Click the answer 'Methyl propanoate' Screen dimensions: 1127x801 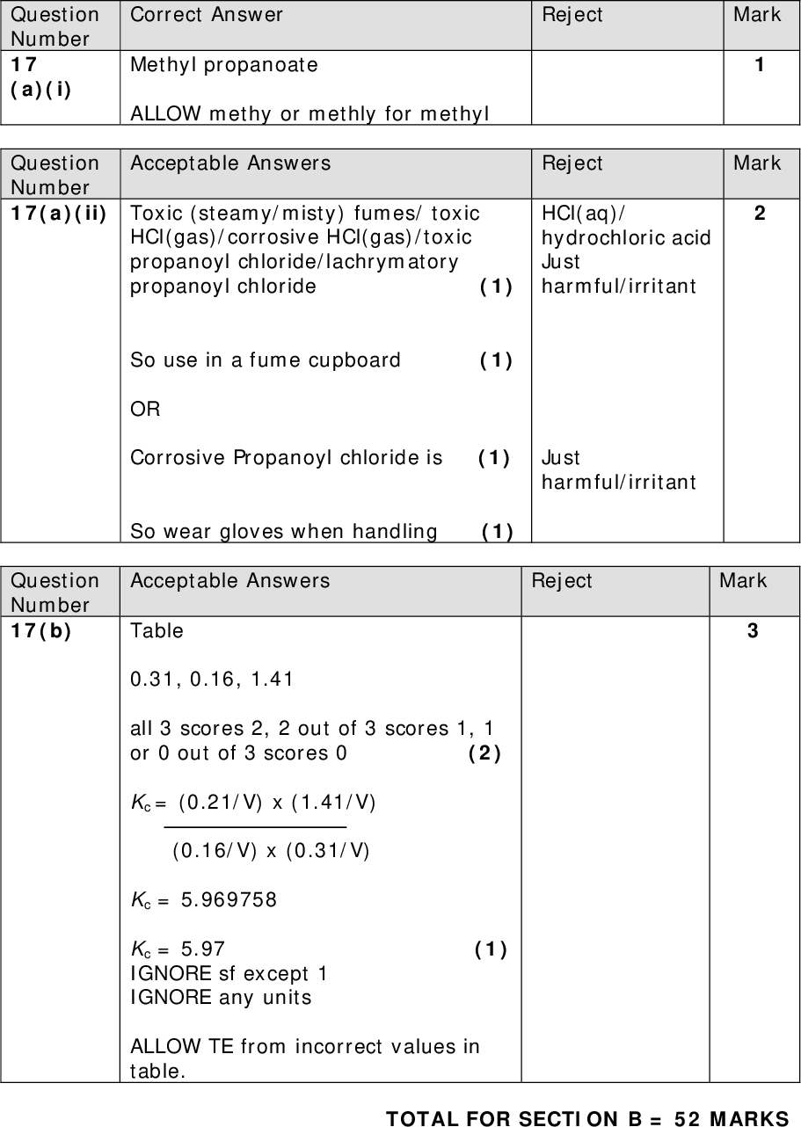click(x=224, y=65)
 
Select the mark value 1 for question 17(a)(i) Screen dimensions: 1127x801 click(x=759, y=65)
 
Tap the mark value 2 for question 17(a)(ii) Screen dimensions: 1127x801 click(x=759, y=214)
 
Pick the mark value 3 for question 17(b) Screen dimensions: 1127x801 click(x=753, y=631)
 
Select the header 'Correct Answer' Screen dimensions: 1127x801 click(x=207, y=15)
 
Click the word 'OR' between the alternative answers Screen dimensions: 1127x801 click(x=145, y=410)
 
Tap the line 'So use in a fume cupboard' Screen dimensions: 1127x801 click(x=265, y=360)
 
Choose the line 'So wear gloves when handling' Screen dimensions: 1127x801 click(x=283, y=532)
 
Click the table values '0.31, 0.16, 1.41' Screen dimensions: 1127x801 click(x=212, y=680)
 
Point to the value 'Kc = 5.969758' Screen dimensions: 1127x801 click(x=204, y=900)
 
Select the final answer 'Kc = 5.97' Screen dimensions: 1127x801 click(x=178, y=949)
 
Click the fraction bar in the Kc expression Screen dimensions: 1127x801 click(x=255, y=826)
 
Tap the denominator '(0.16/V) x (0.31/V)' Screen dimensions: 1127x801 click(x=271, y=851)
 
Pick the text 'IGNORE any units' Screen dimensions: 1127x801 click(x=220, y=998)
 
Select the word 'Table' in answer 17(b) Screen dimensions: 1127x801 click(x=157, y=631)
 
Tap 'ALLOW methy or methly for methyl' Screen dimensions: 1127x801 click(x=309, y=114)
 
